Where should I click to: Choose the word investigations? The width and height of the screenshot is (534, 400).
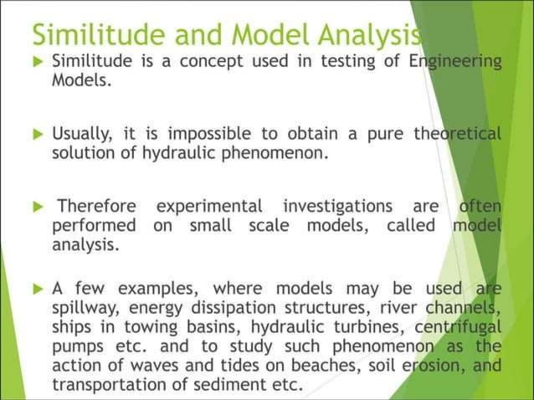click(337, 205)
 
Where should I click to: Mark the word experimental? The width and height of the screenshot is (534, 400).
click(209, 205)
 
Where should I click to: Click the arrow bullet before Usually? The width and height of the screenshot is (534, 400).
click(37, 133)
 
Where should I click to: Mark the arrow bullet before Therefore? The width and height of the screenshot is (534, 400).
click(37, 205)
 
